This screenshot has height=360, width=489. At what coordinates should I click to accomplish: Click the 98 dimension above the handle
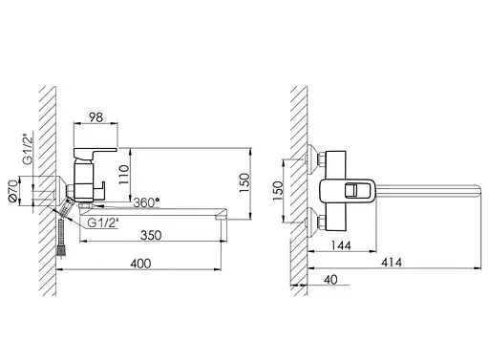click(96, 117)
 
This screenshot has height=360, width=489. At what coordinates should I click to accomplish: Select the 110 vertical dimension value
click(123, 175)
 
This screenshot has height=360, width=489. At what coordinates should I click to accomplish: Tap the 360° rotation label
click(146, 202)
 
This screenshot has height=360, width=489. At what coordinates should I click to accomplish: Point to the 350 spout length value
click(151, 235)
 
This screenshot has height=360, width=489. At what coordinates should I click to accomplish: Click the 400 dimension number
click(140, 264)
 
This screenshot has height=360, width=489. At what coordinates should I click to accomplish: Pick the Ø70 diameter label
click(13, 191)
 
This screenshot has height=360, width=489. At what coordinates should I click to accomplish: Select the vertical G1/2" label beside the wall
click(28, 149)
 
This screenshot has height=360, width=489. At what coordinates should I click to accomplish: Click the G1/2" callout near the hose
click(103, 222)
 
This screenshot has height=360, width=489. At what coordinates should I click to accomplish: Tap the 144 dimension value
click(341, 245)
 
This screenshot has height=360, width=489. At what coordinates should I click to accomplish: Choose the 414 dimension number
click(392, 263)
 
